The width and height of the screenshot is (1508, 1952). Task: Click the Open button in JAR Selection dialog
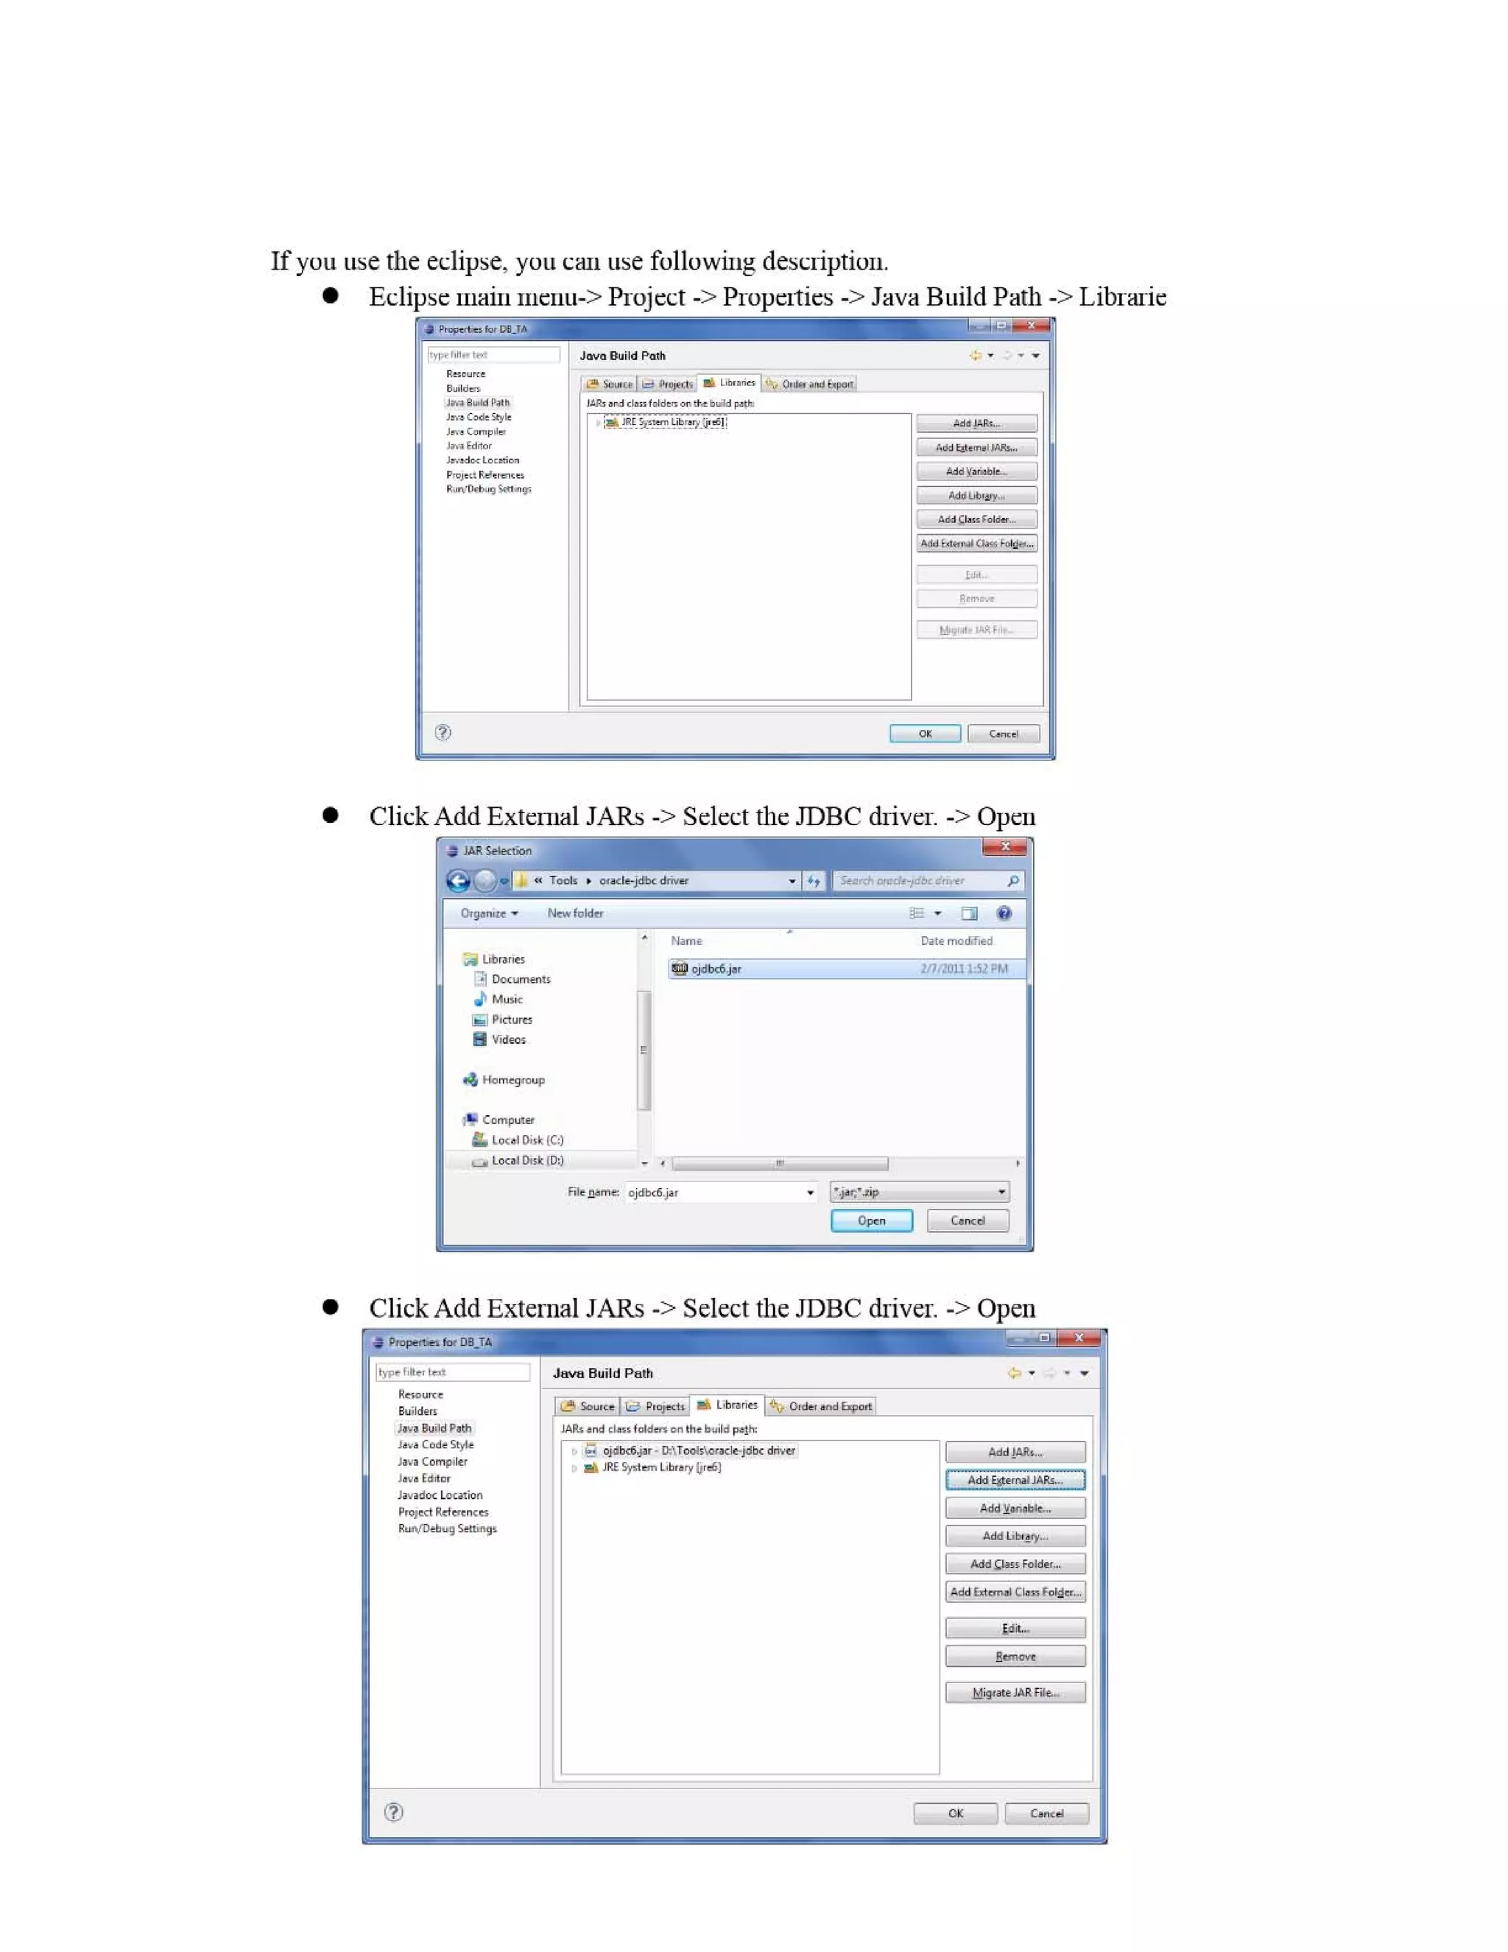click(x=871, y=1220)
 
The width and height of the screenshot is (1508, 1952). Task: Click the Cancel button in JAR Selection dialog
click(x=967, y=1220)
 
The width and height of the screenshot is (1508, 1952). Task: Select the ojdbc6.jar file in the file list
click(x=716, y=969)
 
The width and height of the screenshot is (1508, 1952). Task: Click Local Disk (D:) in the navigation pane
click(x=526, y=1160)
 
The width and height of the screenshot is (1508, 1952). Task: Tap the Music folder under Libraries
click(x=507, y=1000)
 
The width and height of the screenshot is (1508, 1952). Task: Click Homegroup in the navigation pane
click(x=512, y=1080)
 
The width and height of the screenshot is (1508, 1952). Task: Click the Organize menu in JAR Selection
click(x=487, y=913)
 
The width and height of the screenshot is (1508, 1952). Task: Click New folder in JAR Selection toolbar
click(x=574, y=913)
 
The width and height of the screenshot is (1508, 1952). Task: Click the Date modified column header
click(x=956, y=941)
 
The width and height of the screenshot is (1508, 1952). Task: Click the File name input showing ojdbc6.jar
click(x=715, y=1193)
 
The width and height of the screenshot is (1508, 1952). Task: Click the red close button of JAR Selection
click(x=1004, y=846)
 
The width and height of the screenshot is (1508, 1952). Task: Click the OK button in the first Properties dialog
click(x=925, y=734)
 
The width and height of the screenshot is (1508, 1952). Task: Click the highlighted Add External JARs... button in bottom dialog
click(x=1015, y=1480)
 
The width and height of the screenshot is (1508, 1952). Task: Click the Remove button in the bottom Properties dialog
click(x=1015, y=1656)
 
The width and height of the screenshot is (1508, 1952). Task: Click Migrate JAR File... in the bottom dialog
click(x=1015, y=1692)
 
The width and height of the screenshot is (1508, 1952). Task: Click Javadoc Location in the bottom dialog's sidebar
click(x=440, y=1495)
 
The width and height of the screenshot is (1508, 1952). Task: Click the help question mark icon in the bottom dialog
click(x=393, y=1812)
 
